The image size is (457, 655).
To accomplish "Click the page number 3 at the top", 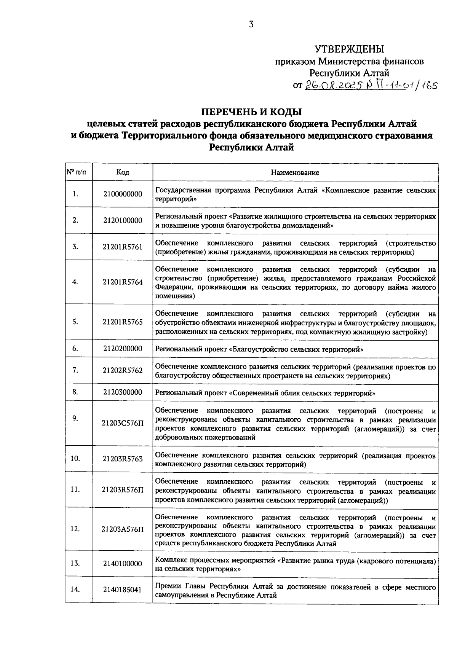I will [251, 25].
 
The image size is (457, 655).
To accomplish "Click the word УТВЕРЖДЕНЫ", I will [349, 49].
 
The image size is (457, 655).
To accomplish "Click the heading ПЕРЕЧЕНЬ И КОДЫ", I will [251, 112].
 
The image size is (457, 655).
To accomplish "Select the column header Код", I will [122, 172].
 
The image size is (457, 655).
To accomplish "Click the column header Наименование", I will [295, 172].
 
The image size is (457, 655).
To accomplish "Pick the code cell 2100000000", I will [122, 194].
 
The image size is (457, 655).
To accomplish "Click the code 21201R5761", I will [122, 247].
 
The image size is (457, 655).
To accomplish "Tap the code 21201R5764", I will [122, 282].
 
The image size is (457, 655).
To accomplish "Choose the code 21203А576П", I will [122, 529].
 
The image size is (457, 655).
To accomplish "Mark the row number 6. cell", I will [75, 348].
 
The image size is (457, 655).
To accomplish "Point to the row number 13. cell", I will [75, 563].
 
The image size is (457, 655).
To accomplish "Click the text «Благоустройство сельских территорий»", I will [296, 349].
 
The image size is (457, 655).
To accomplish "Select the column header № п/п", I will [78, 172].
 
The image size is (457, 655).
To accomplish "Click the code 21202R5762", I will [122, 370].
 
